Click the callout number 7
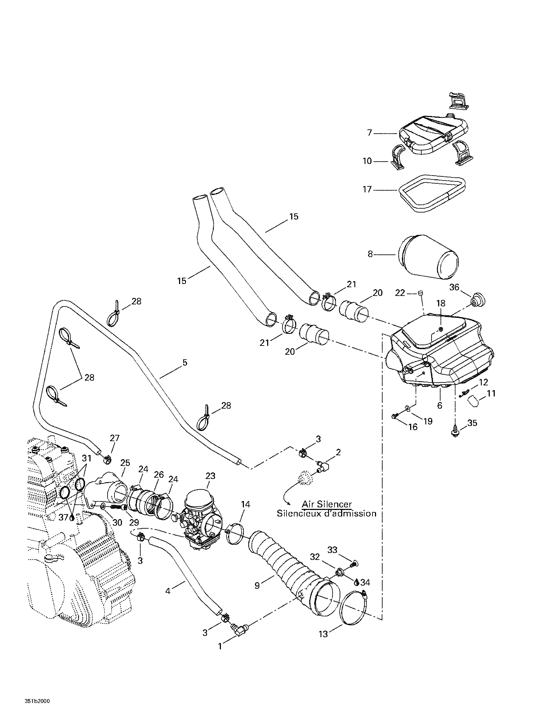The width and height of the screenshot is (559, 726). [x=370, y=133]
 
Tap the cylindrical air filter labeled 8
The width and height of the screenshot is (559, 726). [x=429, y=256]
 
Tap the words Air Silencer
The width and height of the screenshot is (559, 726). [x=326, y=504]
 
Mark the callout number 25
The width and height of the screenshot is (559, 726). [x=125, y=463]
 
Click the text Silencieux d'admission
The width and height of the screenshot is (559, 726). [x=326, y=514]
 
